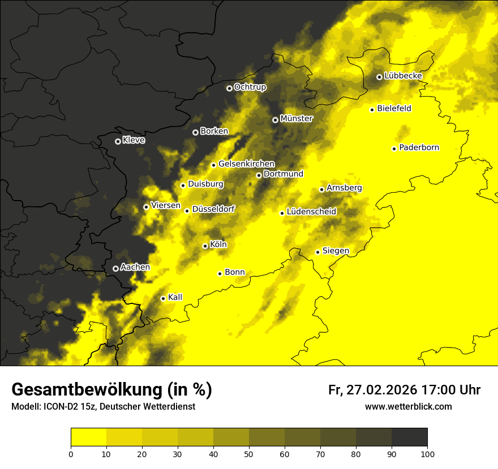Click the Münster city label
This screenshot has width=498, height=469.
297,119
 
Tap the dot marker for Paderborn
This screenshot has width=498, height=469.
394,149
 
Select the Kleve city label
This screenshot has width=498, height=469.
134,140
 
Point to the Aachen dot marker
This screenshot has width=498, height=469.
115,268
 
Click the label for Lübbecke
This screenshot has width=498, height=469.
403,76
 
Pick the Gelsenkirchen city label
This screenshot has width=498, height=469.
246,164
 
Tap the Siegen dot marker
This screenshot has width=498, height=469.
318,252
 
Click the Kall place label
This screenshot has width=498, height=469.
175,297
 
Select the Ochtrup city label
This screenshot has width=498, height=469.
250,87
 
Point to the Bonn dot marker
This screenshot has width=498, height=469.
220,273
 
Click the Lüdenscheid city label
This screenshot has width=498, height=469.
311,212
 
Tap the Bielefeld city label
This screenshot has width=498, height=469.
394,108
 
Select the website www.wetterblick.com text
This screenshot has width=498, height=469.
408,406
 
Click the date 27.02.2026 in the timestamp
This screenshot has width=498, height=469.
381,390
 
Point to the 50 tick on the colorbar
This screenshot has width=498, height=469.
249,453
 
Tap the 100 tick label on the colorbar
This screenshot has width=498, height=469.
427,453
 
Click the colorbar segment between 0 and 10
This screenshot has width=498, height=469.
88,437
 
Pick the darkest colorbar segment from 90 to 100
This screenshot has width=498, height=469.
409,437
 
